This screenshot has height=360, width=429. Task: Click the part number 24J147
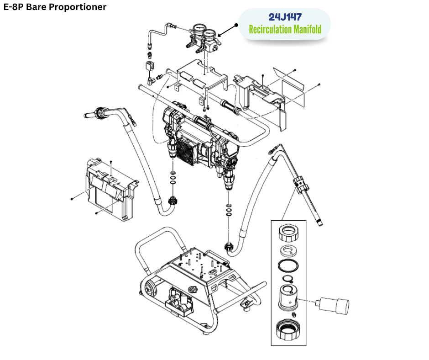click(285, 17)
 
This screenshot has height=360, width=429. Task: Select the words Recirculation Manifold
click(285, 30)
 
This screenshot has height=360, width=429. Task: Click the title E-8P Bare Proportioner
click(55, 7)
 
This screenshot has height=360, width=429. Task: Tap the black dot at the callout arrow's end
click(237, 25)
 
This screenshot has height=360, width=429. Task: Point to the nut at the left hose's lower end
click(173, 200)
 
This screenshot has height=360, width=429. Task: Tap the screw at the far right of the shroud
click(319, 85)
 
